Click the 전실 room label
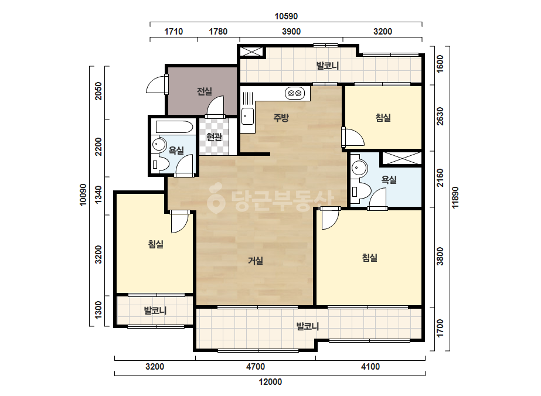(x=204, y=91)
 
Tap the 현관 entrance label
(x=214, y=137)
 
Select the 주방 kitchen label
(x=281, y=118)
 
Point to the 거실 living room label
(x=256, y=261)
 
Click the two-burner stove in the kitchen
(x=295, y=93)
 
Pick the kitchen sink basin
(x=247, y=117)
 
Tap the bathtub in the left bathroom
(x=174, y=127)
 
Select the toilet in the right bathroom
(x=360, y=191)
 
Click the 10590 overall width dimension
(x=286, y=16)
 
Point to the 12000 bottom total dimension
(x=270, y=382)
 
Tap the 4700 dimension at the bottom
(x=256, y=367)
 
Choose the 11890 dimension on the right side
(x=455, y=197)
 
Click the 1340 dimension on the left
(x=98, y=195)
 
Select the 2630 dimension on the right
(x=440, y=116)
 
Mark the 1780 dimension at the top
(x=218, y=32)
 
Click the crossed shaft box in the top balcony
(x=251, y=52)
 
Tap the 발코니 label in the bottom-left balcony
(x=155, y=310)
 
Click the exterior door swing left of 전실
(x=156, y=84)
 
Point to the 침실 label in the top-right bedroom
(x=383, y=118)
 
